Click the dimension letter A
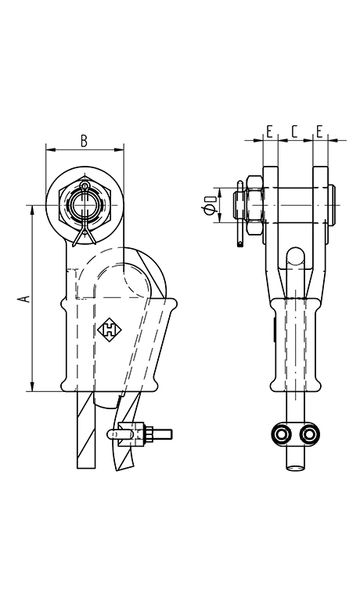point(26,299)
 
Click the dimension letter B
point(84,141)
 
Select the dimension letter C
point(294,131)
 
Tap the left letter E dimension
point(269,131)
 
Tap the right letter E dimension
point(319,131)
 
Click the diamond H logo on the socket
point(110,329)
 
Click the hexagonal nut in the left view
point(85,203)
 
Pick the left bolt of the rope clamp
point(281,434)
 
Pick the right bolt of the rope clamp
point(309,434)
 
